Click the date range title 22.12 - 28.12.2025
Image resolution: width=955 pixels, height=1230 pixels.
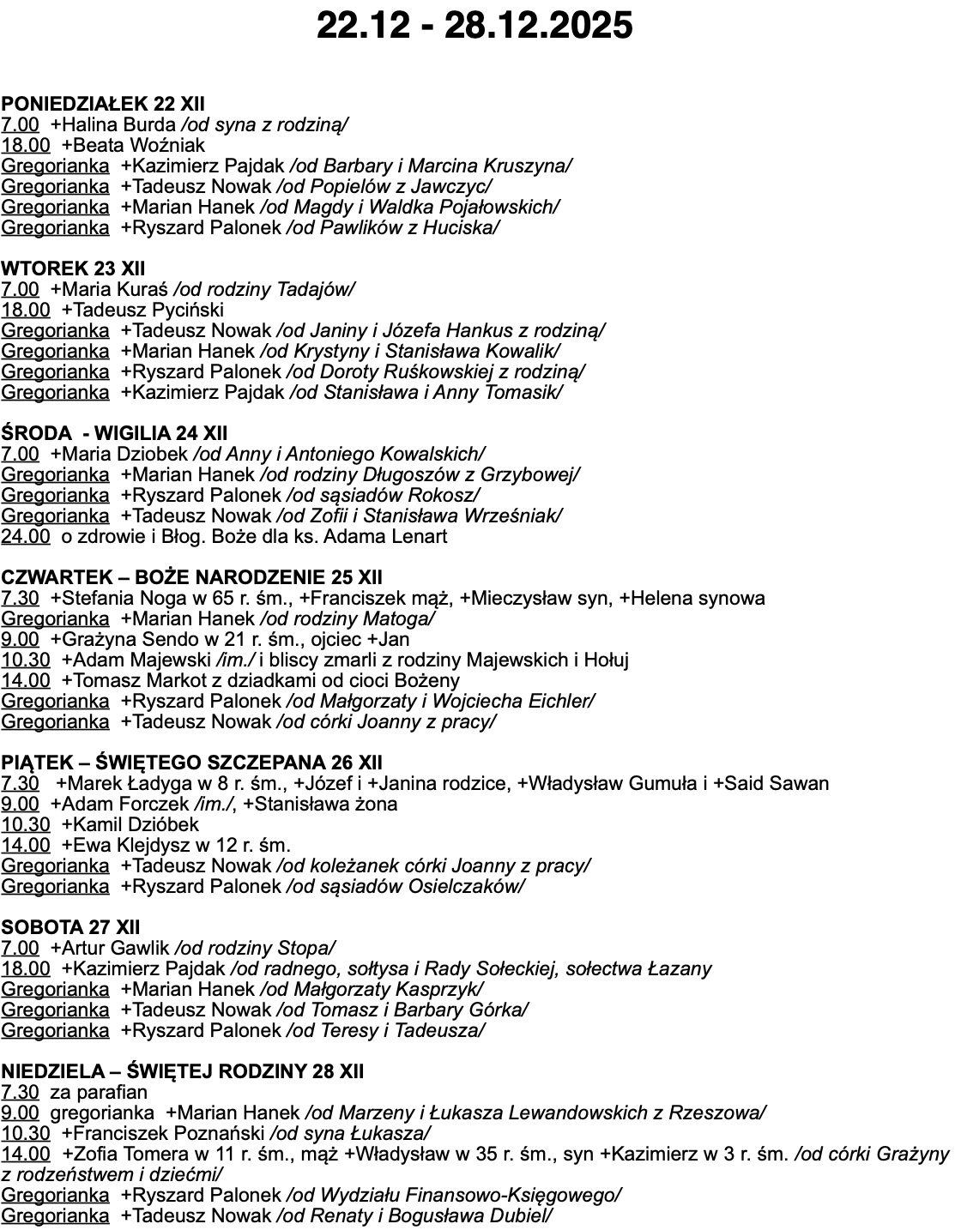(x=474, y=25)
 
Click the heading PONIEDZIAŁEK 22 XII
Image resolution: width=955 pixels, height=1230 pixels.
(x=103, y=104)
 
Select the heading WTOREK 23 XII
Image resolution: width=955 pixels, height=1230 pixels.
(x=73, y=268)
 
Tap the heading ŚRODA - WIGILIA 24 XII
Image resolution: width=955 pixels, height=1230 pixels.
(x=114, y=433)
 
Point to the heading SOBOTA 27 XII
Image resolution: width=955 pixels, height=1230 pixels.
(x=70, y=927)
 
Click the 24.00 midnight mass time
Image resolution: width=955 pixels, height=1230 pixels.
(x=26, y=537)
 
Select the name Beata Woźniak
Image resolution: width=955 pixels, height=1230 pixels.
(x=137, y=145)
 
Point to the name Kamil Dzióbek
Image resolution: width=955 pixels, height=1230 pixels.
(x=134, y=824)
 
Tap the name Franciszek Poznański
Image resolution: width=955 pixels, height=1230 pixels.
(x=167, y=1133)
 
